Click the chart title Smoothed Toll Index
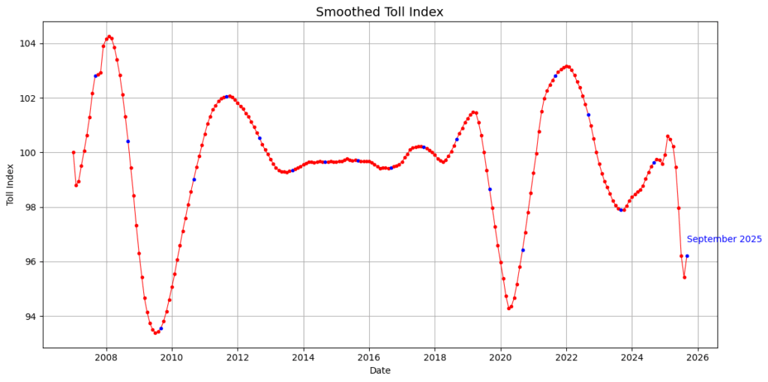pyautogui.click(x=379, y=12)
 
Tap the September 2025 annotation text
pyautogui.click(x=724, y=240)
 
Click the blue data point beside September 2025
pyautogui.click(x=687, y=256)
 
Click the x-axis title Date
pyautogui.click(x=379, y=370)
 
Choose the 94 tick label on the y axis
pyautogui.click(x=31, y=316)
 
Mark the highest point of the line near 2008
pyautogui.click(x=109, y=36)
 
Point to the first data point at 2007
pyautogui.click(x=73, y=152)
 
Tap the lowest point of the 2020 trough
pyautogui.click(x=508, y=308)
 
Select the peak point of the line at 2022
pyautogui.click(x=567, y=66)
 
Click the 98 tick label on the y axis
pyautogui.click(x=31, y=207)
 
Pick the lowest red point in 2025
pyautogui.click(x=684, y=277)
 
